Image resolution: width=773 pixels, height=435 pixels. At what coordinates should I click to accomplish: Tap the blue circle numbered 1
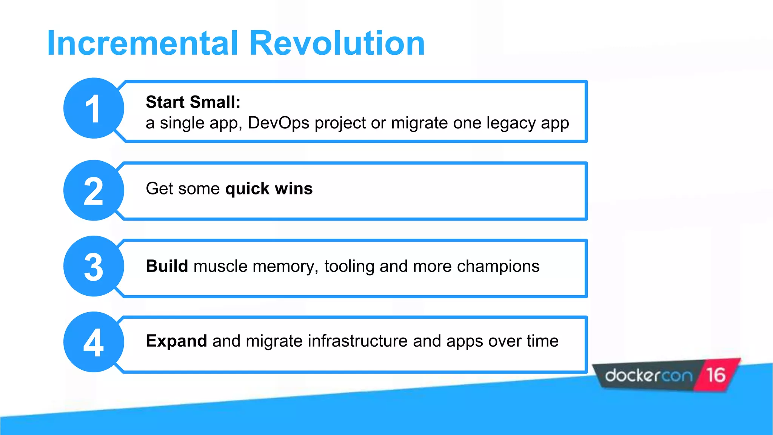[93, 108]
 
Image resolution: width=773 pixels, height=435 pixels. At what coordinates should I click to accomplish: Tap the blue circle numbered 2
[93, 191]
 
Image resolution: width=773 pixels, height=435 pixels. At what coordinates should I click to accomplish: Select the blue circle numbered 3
[93, 267]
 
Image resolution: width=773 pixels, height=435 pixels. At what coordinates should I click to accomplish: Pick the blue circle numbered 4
[93, 342]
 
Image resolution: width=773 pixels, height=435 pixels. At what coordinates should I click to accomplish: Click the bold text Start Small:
[193, 102]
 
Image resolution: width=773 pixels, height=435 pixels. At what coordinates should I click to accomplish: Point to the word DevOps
[279, 123]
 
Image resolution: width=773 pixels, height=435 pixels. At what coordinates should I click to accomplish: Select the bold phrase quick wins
[269, 188]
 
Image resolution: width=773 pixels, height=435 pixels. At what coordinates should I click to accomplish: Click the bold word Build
[166, 266]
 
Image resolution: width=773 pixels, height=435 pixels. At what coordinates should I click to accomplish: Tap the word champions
[498, 267]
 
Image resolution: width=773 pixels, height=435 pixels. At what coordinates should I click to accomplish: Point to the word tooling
[349, 267]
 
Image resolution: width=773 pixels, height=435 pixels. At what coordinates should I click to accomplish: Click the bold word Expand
[176, 341]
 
